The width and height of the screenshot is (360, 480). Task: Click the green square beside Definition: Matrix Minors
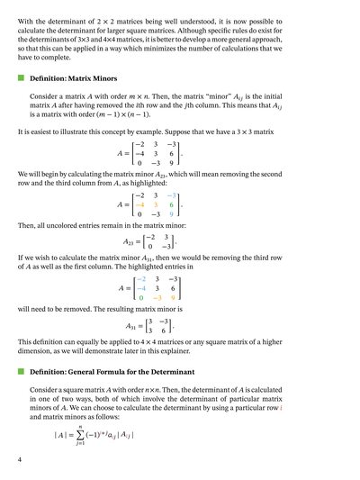21,78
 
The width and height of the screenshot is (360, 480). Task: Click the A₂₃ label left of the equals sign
130,240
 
